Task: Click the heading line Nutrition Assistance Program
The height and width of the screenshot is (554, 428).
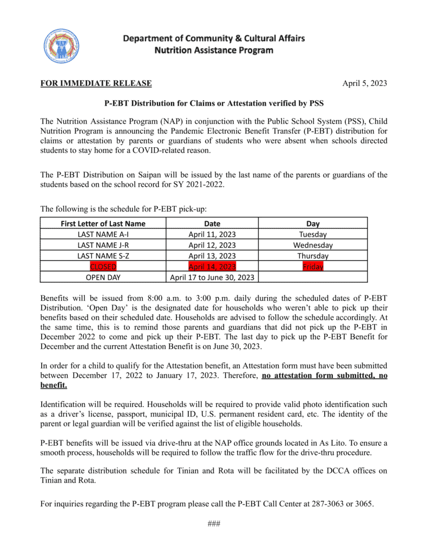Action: tap(214, 50)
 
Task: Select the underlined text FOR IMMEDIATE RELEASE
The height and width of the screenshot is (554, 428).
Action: tap(96, 83)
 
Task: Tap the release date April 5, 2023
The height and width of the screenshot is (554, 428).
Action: tap(365, 83)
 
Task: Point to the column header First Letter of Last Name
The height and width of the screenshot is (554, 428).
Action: tap(103, 223)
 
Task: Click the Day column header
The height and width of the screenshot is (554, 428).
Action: tap(313, 223)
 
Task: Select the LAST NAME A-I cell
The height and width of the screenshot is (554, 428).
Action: tap(103, 234)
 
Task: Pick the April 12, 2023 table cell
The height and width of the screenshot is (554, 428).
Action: tap(212, 245)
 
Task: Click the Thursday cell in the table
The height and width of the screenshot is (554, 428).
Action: tap(313, 256)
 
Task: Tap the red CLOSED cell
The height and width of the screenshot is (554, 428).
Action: tap(103, 267)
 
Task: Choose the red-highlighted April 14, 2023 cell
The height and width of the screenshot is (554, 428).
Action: tap(212, 267)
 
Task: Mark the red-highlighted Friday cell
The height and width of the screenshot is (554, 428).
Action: tap(313, 267)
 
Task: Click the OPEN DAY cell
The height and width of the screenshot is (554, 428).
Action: tap(103, 278)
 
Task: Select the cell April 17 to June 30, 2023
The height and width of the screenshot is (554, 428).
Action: tap(212, 278)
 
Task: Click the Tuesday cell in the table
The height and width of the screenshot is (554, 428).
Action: tap(313, 234)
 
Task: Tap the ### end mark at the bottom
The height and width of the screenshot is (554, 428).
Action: tap(214, 524)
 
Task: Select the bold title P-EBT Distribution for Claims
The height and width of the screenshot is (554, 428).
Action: tap(214, 103)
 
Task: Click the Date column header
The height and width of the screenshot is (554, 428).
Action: tap(212, 223)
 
